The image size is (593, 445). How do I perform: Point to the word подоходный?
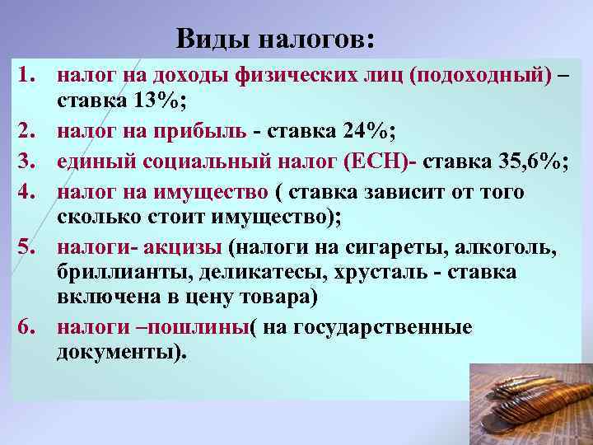point(480,77)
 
